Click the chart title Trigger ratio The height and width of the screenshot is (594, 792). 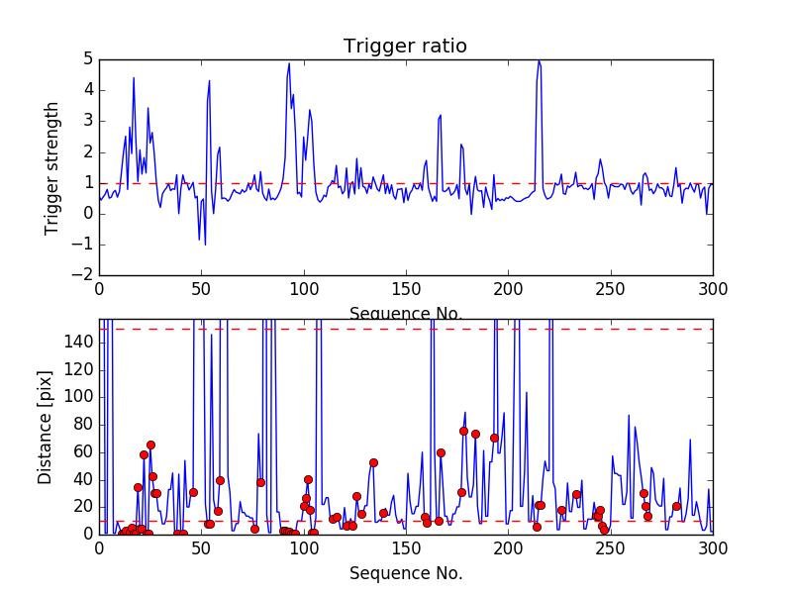(x=405, y=47)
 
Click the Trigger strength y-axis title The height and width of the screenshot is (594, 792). (x=51, y=167)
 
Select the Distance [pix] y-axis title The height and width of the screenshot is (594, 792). (x=46, y=435)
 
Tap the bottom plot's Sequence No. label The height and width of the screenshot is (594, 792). (x=405, y=573)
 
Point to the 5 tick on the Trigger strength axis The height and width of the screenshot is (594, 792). (x=87, y=59)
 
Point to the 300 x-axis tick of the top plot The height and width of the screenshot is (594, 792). (x=712, y=289)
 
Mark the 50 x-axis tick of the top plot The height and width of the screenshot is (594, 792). (x=201, y=289)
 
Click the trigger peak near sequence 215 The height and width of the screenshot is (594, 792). (x=539, y=61)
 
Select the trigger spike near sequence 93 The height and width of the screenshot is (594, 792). (x=289, y=64)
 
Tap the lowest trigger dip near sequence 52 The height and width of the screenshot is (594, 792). (x=205, y=244)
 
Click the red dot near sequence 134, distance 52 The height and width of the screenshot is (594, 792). (x=373, y=462)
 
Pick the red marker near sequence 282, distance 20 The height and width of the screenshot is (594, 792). (x=676, y=506)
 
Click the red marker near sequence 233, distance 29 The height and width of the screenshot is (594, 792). (x=576, y=494)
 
